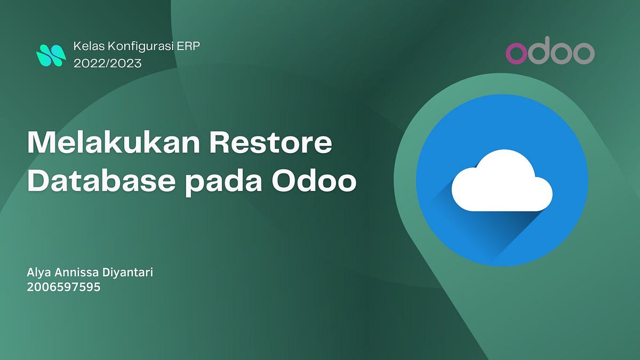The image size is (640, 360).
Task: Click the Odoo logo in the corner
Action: pos(550,53)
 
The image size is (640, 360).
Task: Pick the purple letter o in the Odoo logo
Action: pos(516,54)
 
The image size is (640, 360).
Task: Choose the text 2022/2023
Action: pos(108,63)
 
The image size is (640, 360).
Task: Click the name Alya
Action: pos(38,273)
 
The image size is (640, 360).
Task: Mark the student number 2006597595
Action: pos(63,287)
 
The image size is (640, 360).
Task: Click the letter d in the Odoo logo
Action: pos(538,52)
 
